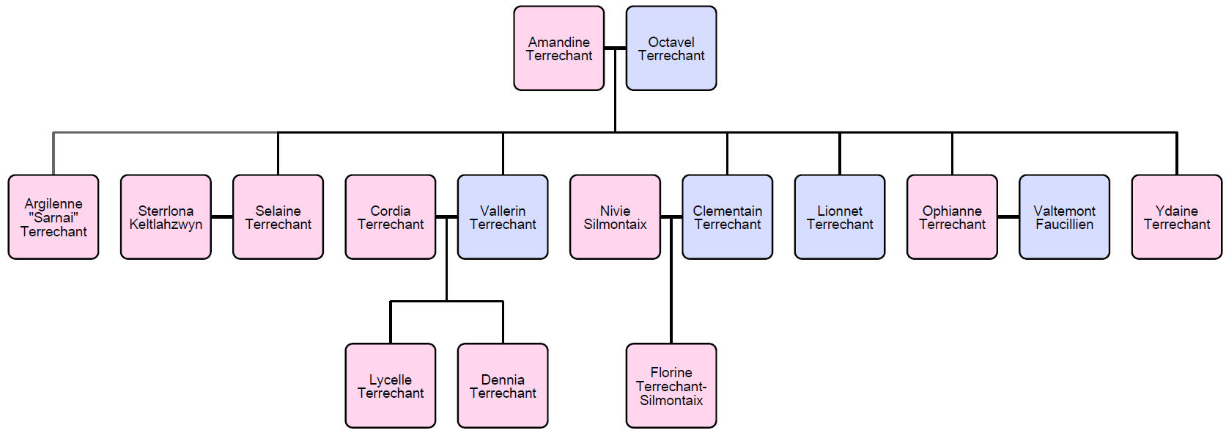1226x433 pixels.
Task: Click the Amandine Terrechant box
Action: (x=558, y=48)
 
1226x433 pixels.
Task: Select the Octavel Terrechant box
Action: (x=671, y=48)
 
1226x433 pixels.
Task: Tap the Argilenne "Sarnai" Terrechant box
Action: (x=53, y=217)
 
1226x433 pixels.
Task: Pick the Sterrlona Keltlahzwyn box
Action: (x=166, y=217)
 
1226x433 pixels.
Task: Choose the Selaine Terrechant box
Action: (x=278, y=217)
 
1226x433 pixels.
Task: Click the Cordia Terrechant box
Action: (x=390, y=217)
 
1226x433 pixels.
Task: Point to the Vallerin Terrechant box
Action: (x=503, y=217)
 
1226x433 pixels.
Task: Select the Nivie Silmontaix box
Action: (x=615, y=217)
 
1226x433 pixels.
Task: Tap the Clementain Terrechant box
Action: (x=727, y=217)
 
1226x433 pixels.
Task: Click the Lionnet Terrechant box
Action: (x=840, y=217)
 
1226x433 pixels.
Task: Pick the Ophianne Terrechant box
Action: (x=952, y=217)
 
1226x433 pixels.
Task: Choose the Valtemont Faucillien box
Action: (x=1064, y=217)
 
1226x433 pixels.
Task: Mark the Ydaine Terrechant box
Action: (x=1177, y=217)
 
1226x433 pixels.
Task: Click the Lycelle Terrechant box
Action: (x=390, y=386)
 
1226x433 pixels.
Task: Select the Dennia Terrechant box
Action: (x=503, y=386)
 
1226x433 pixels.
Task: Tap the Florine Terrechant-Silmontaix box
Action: (x=671, y=386)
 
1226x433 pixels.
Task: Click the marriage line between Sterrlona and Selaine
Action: (x=222, y=216)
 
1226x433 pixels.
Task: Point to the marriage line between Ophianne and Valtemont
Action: (x=1008, y=216)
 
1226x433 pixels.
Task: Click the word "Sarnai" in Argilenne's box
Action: (x=53, y=217)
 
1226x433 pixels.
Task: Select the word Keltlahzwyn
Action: (x=166, y=225)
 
